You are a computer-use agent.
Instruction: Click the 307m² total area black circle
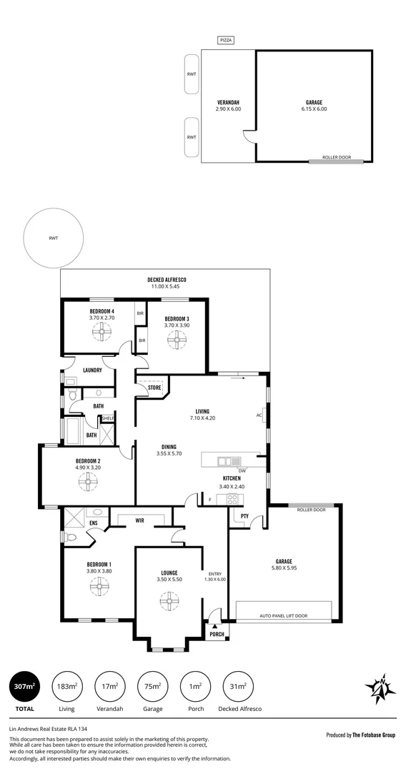pos(24,687)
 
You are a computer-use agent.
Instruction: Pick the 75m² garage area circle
pos(152,687)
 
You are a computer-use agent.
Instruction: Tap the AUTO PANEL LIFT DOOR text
pos(283,615)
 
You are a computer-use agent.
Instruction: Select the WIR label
pos(140,520)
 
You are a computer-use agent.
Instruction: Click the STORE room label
pos(154,388)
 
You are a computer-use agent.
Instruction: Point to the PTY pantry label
pos(244,515)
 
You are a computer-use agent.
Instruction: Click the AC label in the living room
pos(259,415)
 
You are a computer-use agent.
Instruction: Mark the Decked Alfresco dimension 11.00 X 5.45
pos(167,286)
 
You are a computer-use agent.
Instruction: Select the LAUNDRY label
pos(92,370)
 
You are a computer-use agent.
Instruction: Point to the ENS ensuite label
pos(92,523)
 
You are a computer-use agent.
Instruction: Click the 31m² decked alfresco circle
pos(238,687)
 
